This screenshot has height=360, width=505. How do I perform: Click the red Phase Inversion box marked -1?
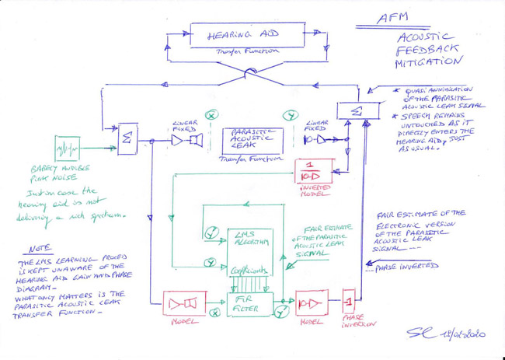[x=348, y=299]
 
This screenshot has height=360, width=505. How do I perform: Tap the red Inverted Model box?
[x=314, y=173]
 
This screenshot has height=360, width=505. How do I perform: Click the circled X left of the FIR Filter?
[x=212, y=318]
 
